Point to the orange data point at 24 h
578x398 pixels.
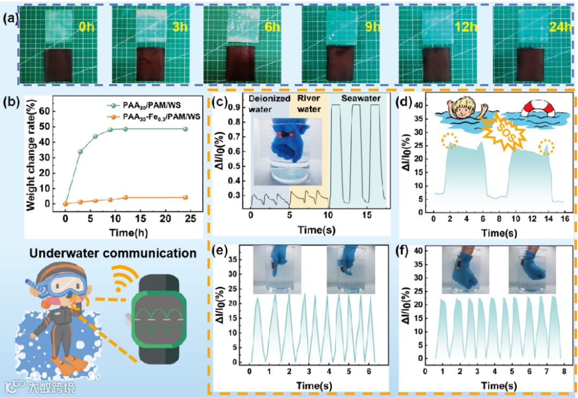tap(185, 197)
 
